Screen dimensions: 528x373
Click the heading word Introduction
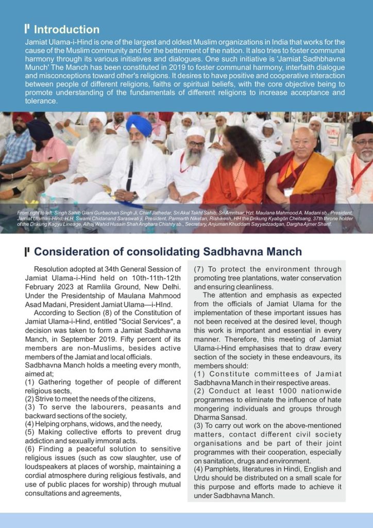coord(66,29)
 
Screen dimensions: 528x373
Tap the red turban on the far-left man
coord(22,118)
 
